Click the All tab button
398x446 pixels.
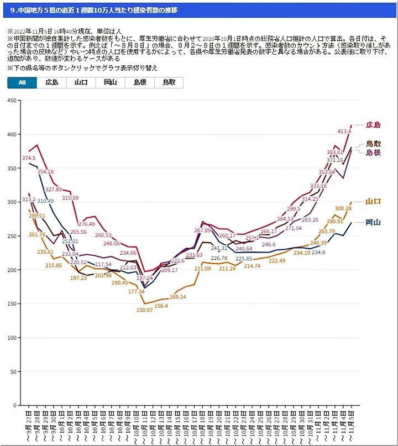click(x=22, y=82)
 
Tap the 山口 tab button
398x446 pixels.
click(x=81, y=82)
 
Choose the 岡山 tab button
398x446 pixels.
click(x=110, y=82)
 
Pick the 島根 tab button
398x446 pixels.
click(x=139, y=82)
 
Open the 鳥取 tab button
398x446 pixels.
click(x=169, y=82)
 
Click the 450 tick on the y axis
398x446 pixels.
click(x=11, y=100)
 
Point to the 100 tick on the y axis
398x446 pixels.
click(x=11, y=338)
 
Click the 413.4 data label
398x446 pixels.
click(x=344, y=132)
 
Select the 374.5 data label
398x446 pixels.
click(x=29, y=158)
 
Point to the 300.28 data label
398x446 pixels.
click(x=343, y=208)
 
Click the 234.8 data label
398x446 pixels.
click(x=318, y=253)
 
